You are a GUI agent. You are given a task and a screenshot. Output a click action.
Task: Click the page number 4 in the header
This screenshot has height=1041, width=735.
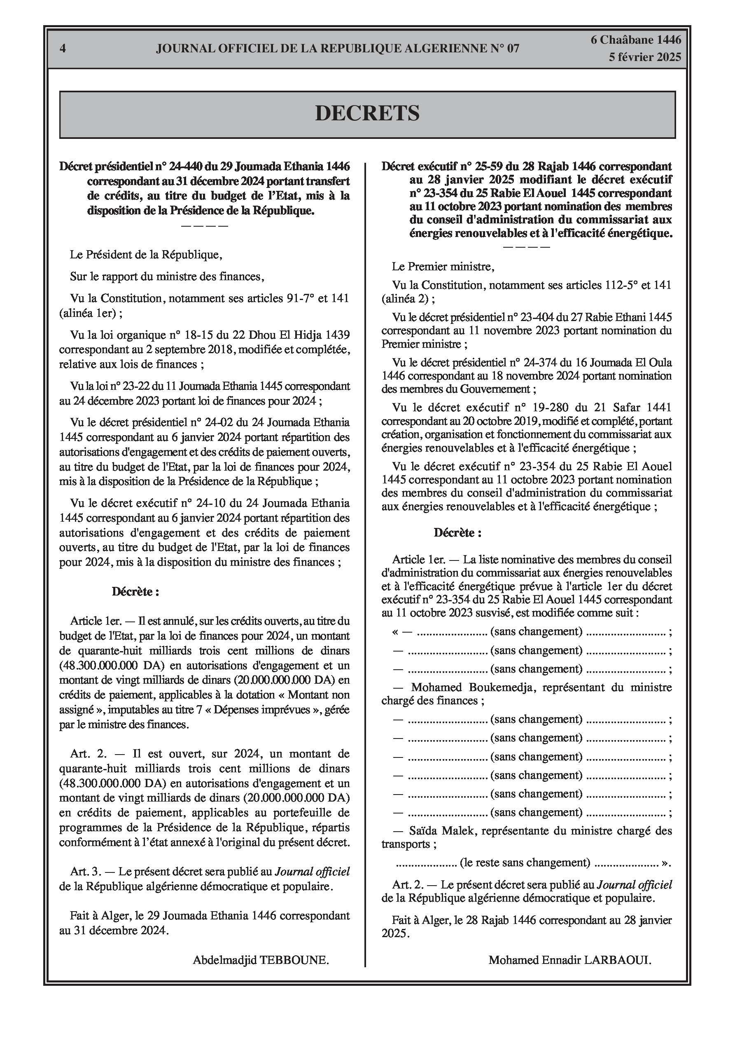point(63,49)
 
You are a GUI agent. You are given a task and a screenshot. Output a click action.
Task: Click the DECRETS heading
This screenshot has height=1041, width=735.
point(367,113)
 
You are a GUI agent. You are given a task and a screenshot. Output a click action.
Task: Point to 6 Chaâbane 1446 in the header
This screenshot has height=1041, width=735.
point(635,40)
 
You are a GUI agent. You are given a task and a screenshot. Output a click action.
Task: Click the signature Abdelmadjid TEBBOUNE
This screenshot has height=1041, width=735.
point(261,960)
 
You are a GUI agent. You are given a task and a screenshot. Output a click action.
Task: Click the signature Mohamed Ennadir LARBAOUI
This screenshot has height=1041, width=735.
point(569,960)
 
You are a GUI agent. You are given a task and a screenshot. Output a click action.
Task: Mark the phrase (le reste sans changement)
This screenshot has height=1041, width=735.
point(525,863)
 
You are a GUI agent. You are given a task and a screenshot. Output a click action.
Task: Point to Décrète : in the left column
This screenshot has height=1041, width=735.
point(135,592)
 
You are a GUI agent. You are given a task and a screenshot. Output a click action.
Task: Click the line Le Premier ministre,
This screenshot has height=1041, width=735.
point(443,267)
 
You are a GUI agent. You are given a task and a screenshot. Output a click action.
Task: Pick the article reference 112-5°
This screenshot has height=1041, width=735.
point(621,285)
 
